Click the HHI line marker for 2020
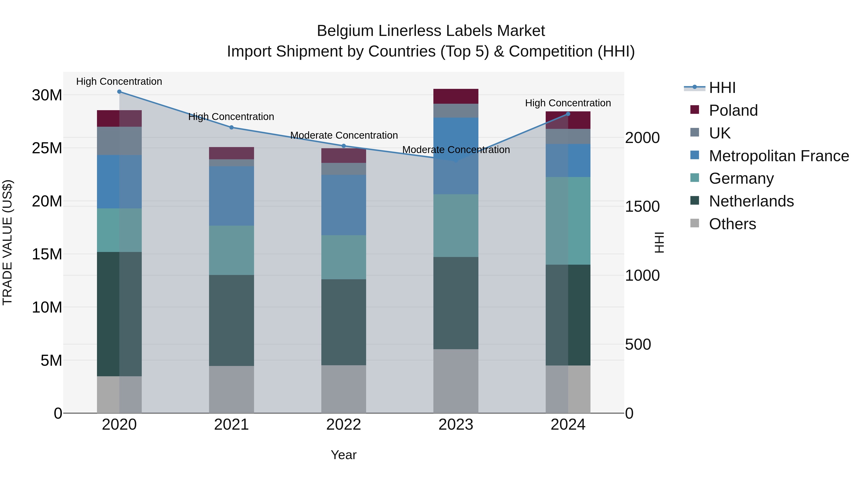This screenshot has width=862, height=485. pos(119,92)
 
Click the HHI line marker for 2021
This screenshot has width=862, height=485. pos(232,127)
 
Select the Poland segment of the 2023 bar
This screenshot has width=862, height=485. pos(456,96)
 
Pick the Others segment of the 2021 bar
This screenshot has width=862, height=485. pos(232,389)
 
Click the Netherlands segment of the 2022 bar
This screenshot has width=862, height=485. pos(344,322)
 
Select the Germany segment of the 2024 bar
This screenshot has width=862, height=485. pos(568,221)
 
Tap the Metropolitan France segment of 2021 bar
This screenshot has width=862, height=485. pos(232,196)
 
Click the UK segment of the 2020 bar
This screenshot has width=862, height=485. pos(119,141)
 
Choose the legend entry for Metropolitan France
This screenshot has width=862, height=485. pos(779,156)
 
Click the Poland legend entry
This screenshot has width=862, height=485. pos(733,110)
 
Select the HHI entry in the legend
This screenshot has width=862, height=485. pos(722,88)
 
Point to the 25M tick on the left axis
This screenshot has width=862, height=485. pos(47,148)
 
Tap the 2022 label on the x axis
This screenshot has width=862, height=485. pos(344,425)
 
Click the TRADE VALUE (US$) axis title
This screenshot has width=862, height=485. pos(7,243)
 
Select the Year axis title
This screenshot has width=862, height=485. pos(344,455)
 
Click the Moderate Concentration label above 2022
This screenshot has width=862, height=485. pos(344,135)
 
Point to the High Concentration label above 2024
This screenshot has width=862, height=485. pos(568,103)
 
